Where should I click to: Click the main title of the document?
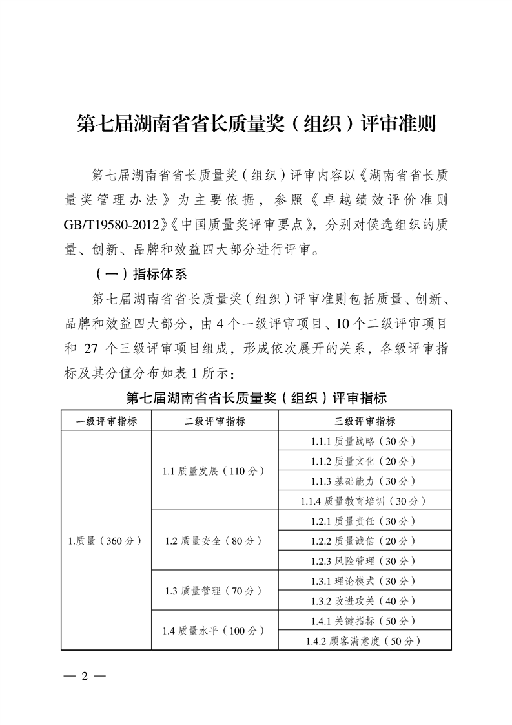pyautogui.click(x=256, y=123)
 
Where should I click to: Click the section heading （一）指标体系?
pyautogui.click(x=140, y=274)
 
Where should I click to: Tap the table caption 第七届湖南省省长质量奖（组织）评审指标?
pyautogui.click(x=256, y=397)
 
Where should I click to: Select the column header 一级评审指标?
pyautogui.click(x=106, y=421)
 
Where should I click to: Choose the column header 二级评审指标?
pyautogui.click(x=214, y=421)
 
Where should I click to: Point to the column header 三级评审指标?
pyautogui.click(x=365, y=421)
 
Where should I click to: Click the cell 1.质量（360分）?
pyautogui.click(x=106, y=541)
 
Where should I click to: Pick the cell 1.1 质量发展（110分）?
pyautogui.click(x=214, y=471)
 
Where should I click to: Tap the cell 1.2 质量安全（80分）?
pyautogui.click(x=214, y=541)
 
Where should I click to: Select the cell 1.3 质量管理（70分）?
pyautogui.click(x=214, y=591)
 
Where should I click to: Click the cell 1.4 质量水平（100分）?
pyautogui.click(x=214, y=631)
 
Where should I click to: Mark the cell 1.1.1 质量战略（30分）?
pyautogui.click(x=365, y=441)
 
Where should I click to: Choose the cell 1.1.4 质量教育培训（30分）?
pyautogui.click(x=365, y=501)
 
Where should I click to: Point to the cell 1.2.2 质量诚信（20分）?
pyautogui.click(x=365, y=541)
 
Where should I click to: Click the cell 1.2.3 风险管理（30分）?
pyautogui.click(x=365, y=561)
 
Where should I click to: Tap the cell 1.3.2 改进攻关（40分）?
pyautogui.click(x=365, y=601)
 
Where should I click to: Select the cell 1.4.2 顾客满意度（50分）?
pyautogui.click(x=365, y=641)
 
